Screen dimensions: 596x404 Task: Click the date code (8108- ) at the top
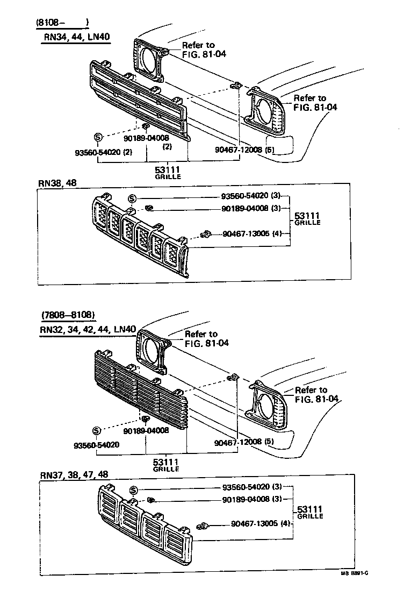62,23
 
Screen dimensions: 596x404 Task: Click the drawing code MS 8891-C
353,588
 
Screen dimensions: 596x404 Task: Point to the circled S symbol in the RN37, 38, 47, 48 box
134,489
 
